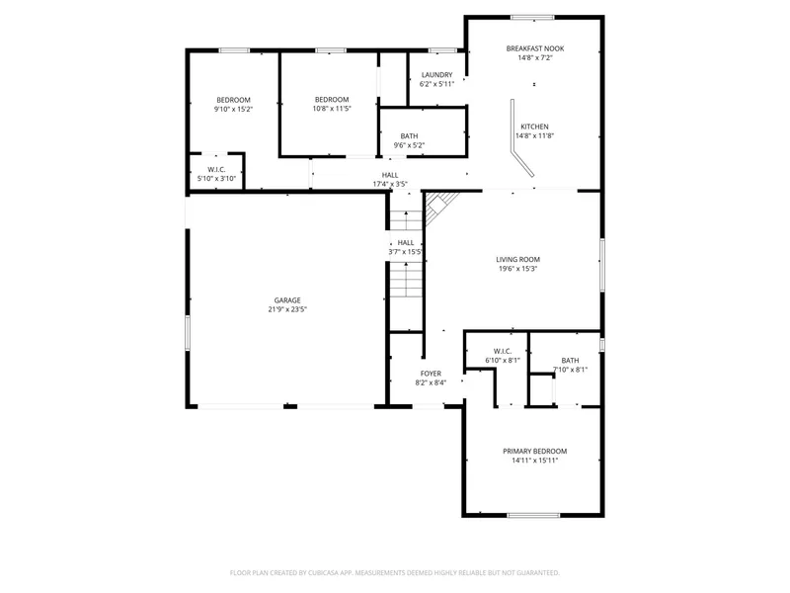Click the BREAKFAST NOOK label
click(535, 48)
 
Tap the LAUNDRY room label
click(436, 75)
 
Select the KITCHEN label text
click(534, 127)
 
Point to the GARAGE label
click(287, 300)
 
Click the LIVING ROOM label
click(517, 259)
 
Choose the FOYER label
click(431, 374)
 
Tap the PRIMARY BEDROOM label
click(535, 451)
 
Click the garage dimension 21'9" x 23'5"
click(287, 309)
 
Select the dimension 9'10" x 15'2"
click(233, 109)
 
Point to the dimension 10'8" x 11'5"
click(332, 109)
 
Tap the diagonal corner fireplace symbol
click(437, 204)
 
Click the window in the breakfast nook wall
click(532, 18)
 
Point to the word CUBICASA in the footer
click(332, 573)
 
